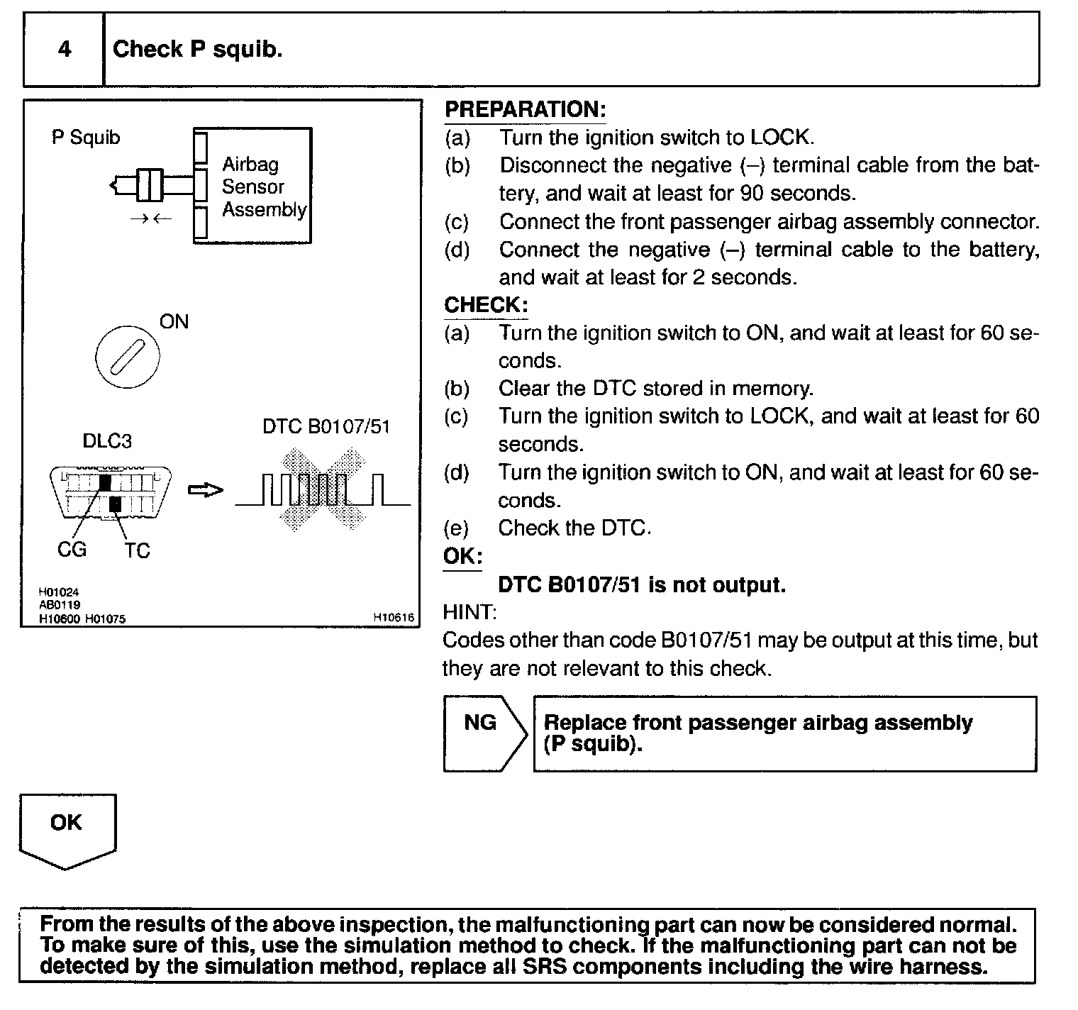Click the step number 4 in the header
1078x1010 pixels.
tap(65, 49)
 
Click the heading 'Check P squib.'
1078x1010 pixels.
tap(197, 49)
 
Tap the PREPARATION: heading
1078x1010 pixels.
tap(525, 110)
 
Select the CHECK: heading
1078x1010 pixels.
tap(486, 305)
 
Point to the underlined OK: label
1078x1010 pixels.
tap(462, 556)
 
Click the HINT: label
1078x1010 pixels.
tap(469, 612)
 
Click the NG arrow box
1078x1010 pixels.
tap(482, 733)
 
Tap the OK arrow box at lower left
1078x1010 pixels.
tap(67, 828)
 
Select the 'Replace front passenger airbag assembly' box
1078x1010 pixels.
tap(784, 733)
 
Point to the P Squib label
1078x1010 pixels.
tap(86, 137)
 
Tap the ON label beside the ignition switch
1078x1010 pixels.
tap(174, 322)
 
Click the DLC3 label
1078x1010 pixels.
tap(107, 441)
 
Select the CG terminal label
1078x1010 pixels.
tap(71, 549)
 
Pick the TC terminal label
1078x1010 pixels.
tap(137, 550)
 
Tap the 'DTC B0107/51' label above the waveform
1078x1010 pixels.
tap(326, 427)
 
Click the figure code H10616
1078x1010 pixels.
tap(393, 618)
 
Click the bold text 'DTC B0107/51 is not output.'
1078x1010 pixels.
tap(642, 585)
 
